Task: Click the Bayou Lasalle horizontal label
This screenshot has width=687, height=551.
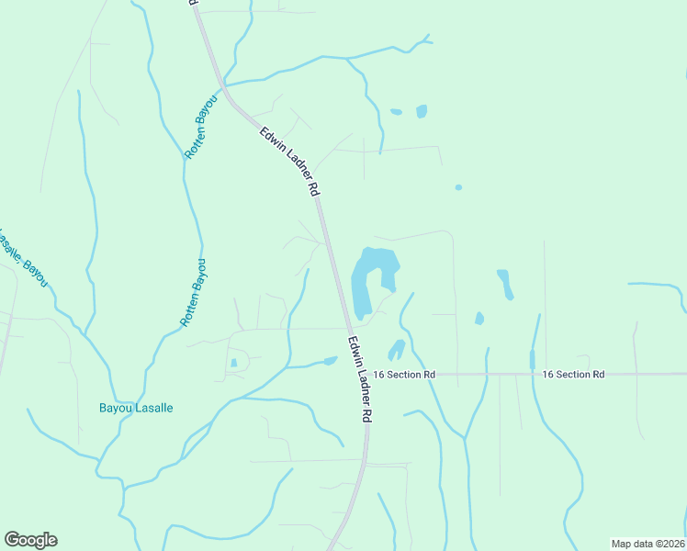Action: pos(136,408)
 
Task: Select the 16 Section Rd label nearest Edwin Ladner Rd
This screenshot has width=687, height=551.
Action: pos(404,375)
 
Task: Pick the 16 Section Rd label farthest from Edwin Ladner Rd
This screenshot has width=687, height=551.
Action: pos(573,375)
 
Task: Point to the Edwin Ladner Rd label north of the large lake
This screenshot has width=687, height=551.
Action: pos(288,161)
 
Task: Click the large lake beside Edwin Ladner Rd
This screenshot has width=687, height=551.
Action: pos(371,275)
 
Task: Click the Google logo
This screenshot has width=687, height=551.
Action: pos(30,540)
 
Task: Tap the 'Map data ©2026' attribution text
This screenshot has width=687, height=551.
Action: pos(648,543)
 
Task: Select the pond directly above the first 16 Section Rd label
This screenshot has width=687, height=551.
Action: pos(397,350)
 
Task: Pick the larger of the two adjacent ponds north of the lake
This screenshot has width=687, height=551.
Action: pos(422,111)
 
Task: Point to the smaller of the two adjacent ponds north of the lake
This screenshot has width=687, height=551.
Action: pos(396,112)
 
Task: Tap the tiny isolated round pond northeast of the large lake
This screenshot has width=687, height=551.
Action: pos(458,187)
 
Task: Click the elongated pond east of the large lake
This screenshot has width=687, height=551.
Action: pos(504,284)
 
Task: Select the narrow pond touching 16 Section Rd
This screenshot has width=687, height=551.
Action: pos(532,359)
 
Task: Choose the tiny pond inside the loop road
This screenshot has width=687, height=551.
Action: pos(234,363)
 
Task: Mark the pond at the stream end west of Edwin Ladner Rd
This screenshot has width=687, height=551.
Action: pos(330,361)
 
